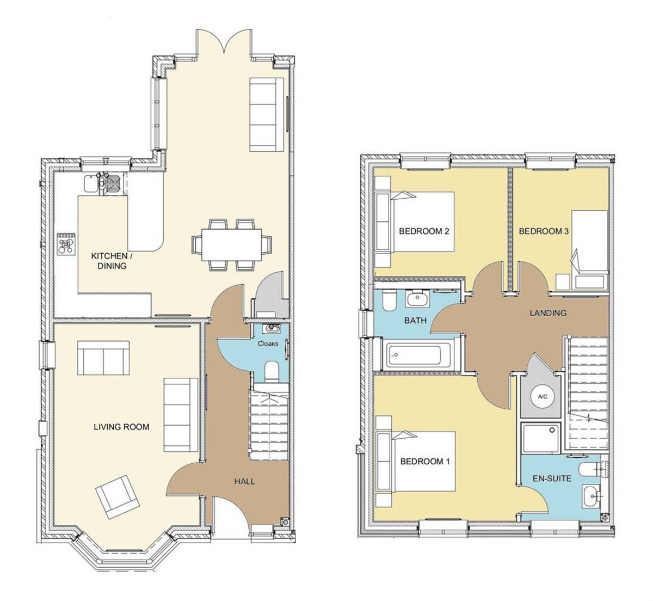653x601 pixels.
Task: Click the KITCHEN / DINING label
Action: click(x=109, y=261)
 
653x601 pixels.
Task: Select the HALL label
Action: click(x=244, y=481)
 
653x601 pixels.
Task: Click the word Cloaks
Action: click(x=268, y=344)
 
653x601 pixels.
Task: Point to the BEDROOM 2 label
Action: click(x=424, y=231)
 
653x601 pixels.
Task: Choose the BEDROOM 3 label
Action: click(x=544, y=231)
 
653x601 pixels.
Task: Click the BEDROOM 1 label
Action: click(x=424, y=462)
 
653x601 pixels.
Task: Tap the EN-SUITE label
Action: click(x=552, y=479)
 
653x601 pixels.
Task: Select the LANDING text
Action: click(x=548, y=313)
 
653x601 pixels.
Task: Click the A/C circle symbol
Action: click(x=543, y=397)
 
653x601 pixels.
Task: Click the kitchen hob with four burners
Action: click(x=66, y=243)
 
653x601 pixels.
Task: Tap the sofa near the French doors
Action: click(x=267, y=114)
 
